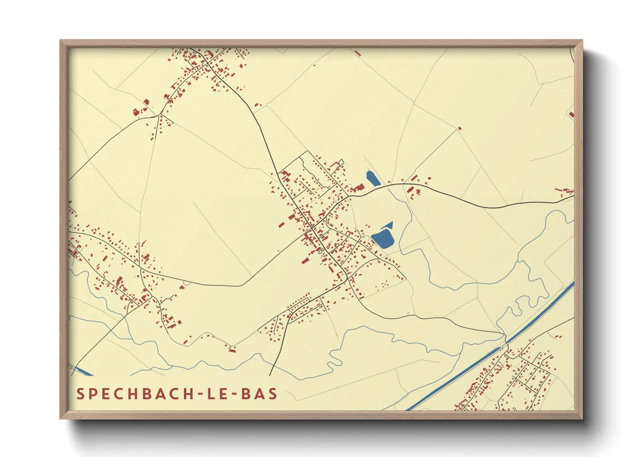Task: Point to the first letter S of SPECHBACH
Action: pyautogui.click(x=80, y=394)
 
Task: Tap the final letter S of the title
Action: pyautogui.click(x=272, y=394)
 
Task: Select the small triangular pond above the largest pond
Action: pyautogui.click(x=388, y=225)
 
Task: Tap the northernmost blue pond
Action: pyautogui.click(x=373, y=178)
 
